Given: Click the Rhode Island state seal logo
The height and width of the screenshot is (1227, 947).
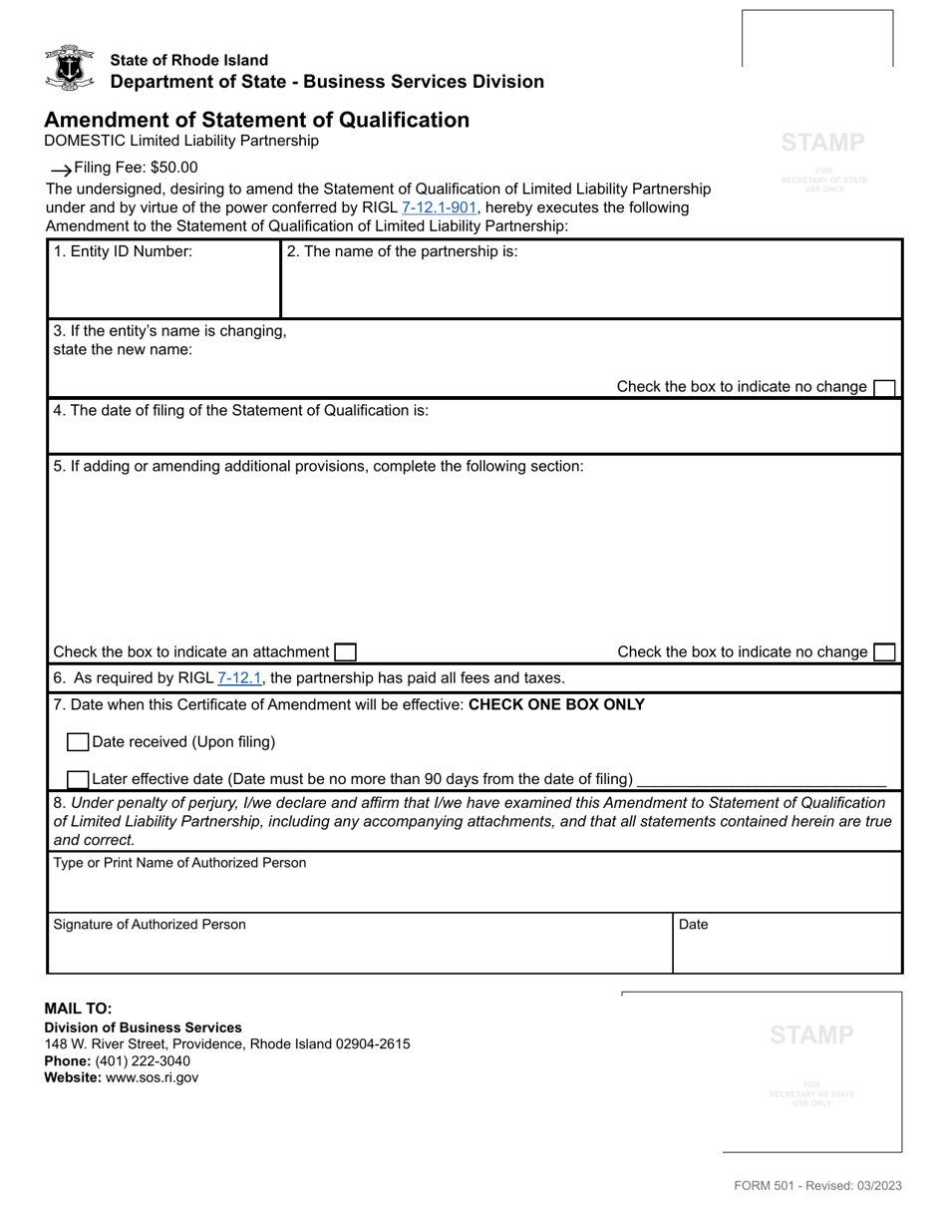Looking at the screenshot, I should pyautogui.click(x=69, y=68).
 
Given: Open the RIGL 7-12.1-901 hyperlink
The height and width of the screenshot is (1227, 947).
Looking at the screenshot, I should pyautogui.click(x=440, y=207).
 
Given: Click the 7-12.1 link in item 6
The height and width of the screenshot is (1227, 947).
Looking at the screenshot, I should pyautogui.click(x=239, y=678).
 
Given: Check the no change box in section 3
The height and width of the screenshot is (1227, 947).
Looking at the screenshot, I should pyautogui.click(x=883, y=387).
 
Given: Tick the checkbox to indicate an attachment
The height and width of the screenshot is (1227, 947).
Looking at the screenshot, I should pyautogui.click(x=345, y=652).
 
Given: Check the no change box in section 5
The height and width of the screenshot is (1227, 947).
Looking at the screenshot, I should pyautogui.click(x=883, y=652).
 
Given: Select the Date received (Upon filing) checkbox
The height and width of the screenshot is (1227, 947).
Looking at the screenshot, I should pyautogui.click(x=78, y=742).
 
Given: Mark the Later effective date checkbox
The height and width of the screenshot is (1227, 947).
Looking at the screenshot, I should pyautogui.click(x=78, y=779).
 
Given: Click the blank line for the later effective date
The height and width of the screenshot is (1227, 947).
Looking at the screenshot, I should pyautogui.click(x=761, y=780).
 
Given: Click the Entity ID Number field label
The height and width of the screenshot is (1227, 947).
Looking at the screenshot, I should pyautogui.click(x=123, y=252).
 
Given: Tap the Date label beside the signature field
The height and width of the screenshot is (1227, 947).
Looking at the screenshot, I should pyautogui.click(x=693, y=925).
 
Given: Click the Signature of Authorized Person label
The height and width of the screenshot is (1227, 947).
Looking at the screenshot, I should pyautogui.click(x=150, y=925).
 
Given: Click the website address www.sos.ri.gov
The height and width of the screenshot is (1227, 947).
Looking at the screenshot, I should pyautogui.click(x=152, y=1077).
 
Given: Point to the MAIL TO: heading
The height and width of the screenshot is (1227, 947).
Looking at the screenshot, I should pyautogui.click(x=78, y=1009).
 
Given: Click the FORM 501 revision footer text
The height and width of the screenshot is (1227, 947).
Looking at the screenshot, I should pyautogui.click(x=817, y=1186).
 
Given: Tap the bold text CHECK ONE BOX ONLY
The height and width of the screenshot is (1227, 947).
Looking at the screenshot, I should pyautogui.click(x=556, y=705).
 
